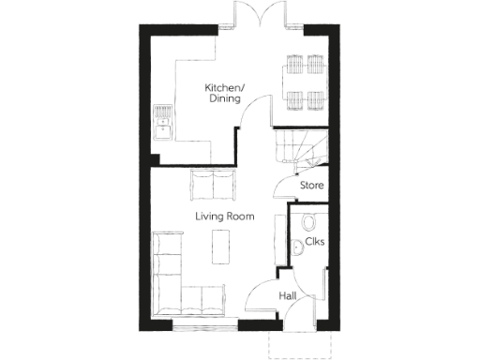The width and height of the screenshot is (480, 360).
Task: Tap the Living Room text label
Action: coord(225,217)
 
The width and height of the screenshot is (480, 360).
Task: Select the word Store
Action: coord(312,186)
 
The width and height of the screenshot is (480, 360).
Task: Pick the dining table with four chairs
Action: coord(304,81)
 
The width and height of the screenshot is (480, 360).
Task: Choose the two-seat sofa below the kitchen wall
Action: coord(213,185)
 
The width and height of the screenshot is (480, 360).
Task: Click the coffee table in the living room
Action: coord(222,247)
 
